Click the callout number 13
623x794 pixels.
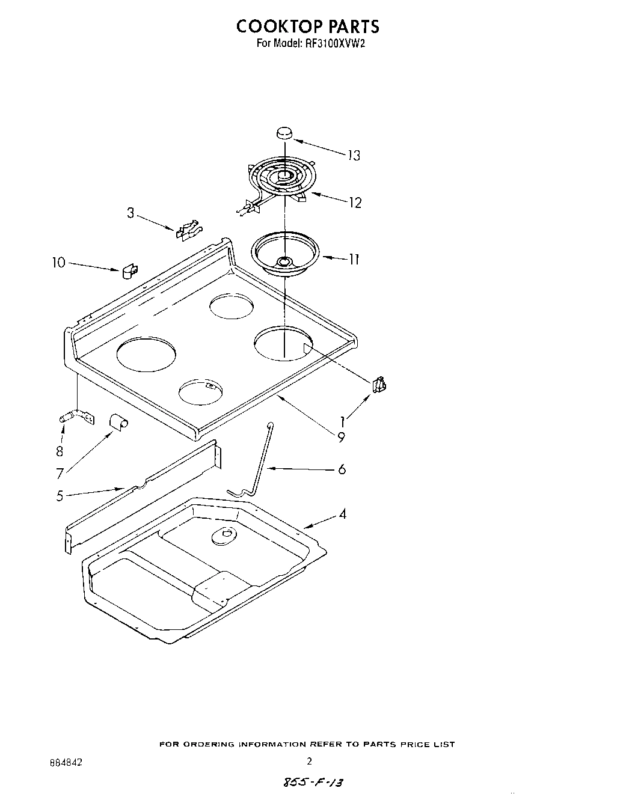353,156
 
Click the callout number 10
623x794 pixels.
58,263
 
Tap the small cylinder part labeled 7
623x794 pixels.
118,423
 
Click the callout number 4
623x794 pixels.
342,515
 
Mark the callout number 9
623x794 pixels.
341,438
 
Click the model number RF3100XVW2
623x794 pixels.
332,43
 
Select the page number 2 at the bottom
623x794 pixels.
310,761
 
